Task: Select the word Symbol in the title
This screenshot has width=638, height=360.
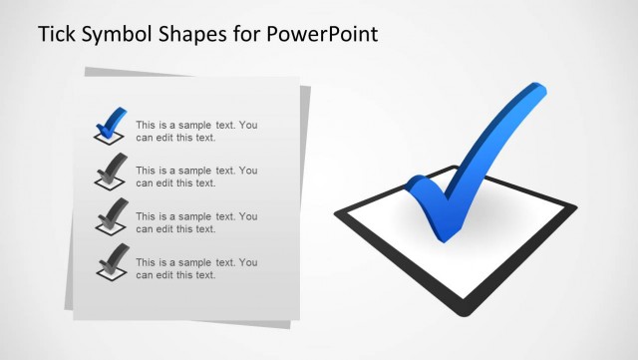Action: tap(118, 35)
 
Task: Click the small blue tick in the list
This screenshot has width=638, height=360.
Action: tap(111, 121)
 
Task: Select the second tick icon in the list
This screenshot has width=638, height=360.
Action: tap(111, 171)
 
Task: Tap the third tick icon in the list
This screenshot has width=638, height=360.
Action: tap(111, 215)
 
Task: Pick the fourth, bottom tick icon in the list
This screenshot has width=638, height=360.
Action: tap(111, 260)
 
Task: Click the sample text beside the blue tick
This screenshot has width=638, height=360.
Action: tap(196, 131)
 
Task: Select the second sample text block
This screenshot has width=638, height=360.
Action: tap(196, 177)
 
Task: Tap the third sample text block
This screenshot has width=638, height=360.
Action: tap(196, 222)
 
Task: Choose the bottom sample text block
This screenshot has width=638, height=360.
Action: tap(196, 268)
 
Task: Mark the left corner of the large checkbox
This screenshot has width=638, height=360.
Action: tap(337, 211)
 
